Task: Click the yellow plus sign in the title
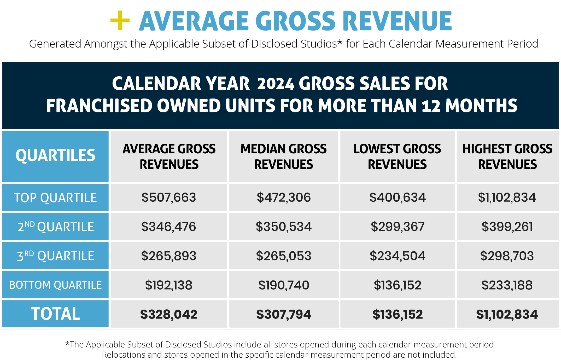pyautogui.click(x=120, y=20)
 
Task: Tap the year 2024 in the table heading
pyautogui.click(x=276, y=84)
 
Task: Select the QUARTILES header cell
pyautogui.click(x=55, y=156)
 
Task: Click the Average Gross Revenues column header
pyautogui.click(x=169, y=156)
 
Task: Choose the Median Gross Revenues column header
pyautogui.click(x=284, y=156)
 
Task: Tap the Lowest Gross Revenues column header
pyautogui.click(x=397, y=156)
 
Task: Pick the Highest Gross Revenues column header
pyautogui.click(x=507, y=156)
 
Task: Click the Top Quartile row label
pyautogui.click(x=55, y=198)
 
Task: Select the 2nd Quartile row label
pyautogui.click(x=55, y=227)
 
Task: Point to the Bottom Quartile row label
pyautogui.click(x=55, y=285)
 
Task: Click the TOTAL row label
pyautogui.click(x=55, y=314)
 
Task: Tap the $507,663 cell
pyautogui.click(x=169, y=198)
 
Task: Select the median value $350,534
pyautogui.click(x=284, y=227)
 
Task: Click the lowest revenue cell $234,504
pyautogui.click(x=398, y=256)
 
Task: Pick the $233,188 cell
pyautogui.click(x=507, y=285)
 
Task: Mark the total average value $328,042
pyautogui.click(x=169, y=314)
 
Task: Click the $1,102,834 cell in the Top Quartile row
pyautogui.click(x=507, y=198)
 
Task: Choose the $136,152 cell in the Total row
pyautogui.click(x=398, y=314)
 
